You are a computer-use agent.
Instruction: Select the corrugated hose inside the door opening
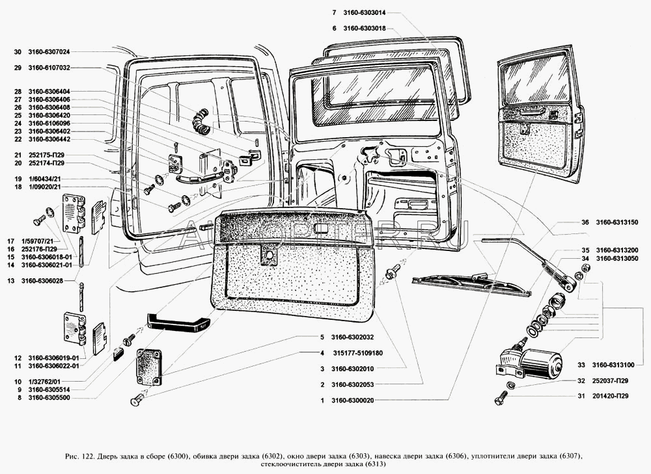coord(199,122)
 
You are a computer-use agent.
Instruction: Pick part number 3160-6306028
coord(49,281)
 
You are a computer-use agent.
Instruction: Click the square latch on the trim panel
coord(268,256)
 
